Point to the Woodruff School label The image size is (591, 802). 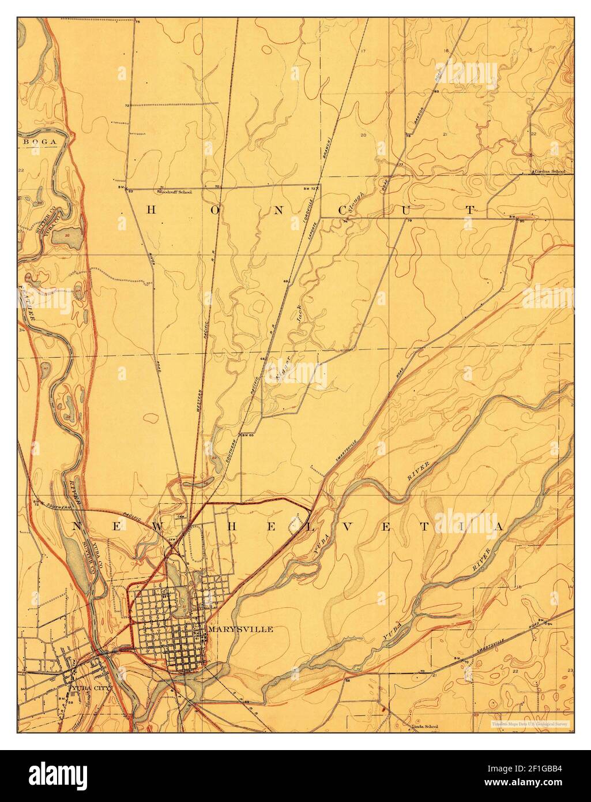176,192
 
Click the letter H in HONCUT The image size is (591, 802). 149,210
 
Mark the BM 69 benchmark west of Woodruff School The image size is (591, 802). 123,189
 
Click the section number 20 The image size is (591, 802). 363,135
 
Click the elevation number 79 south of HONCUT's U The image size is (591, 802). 409,221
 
